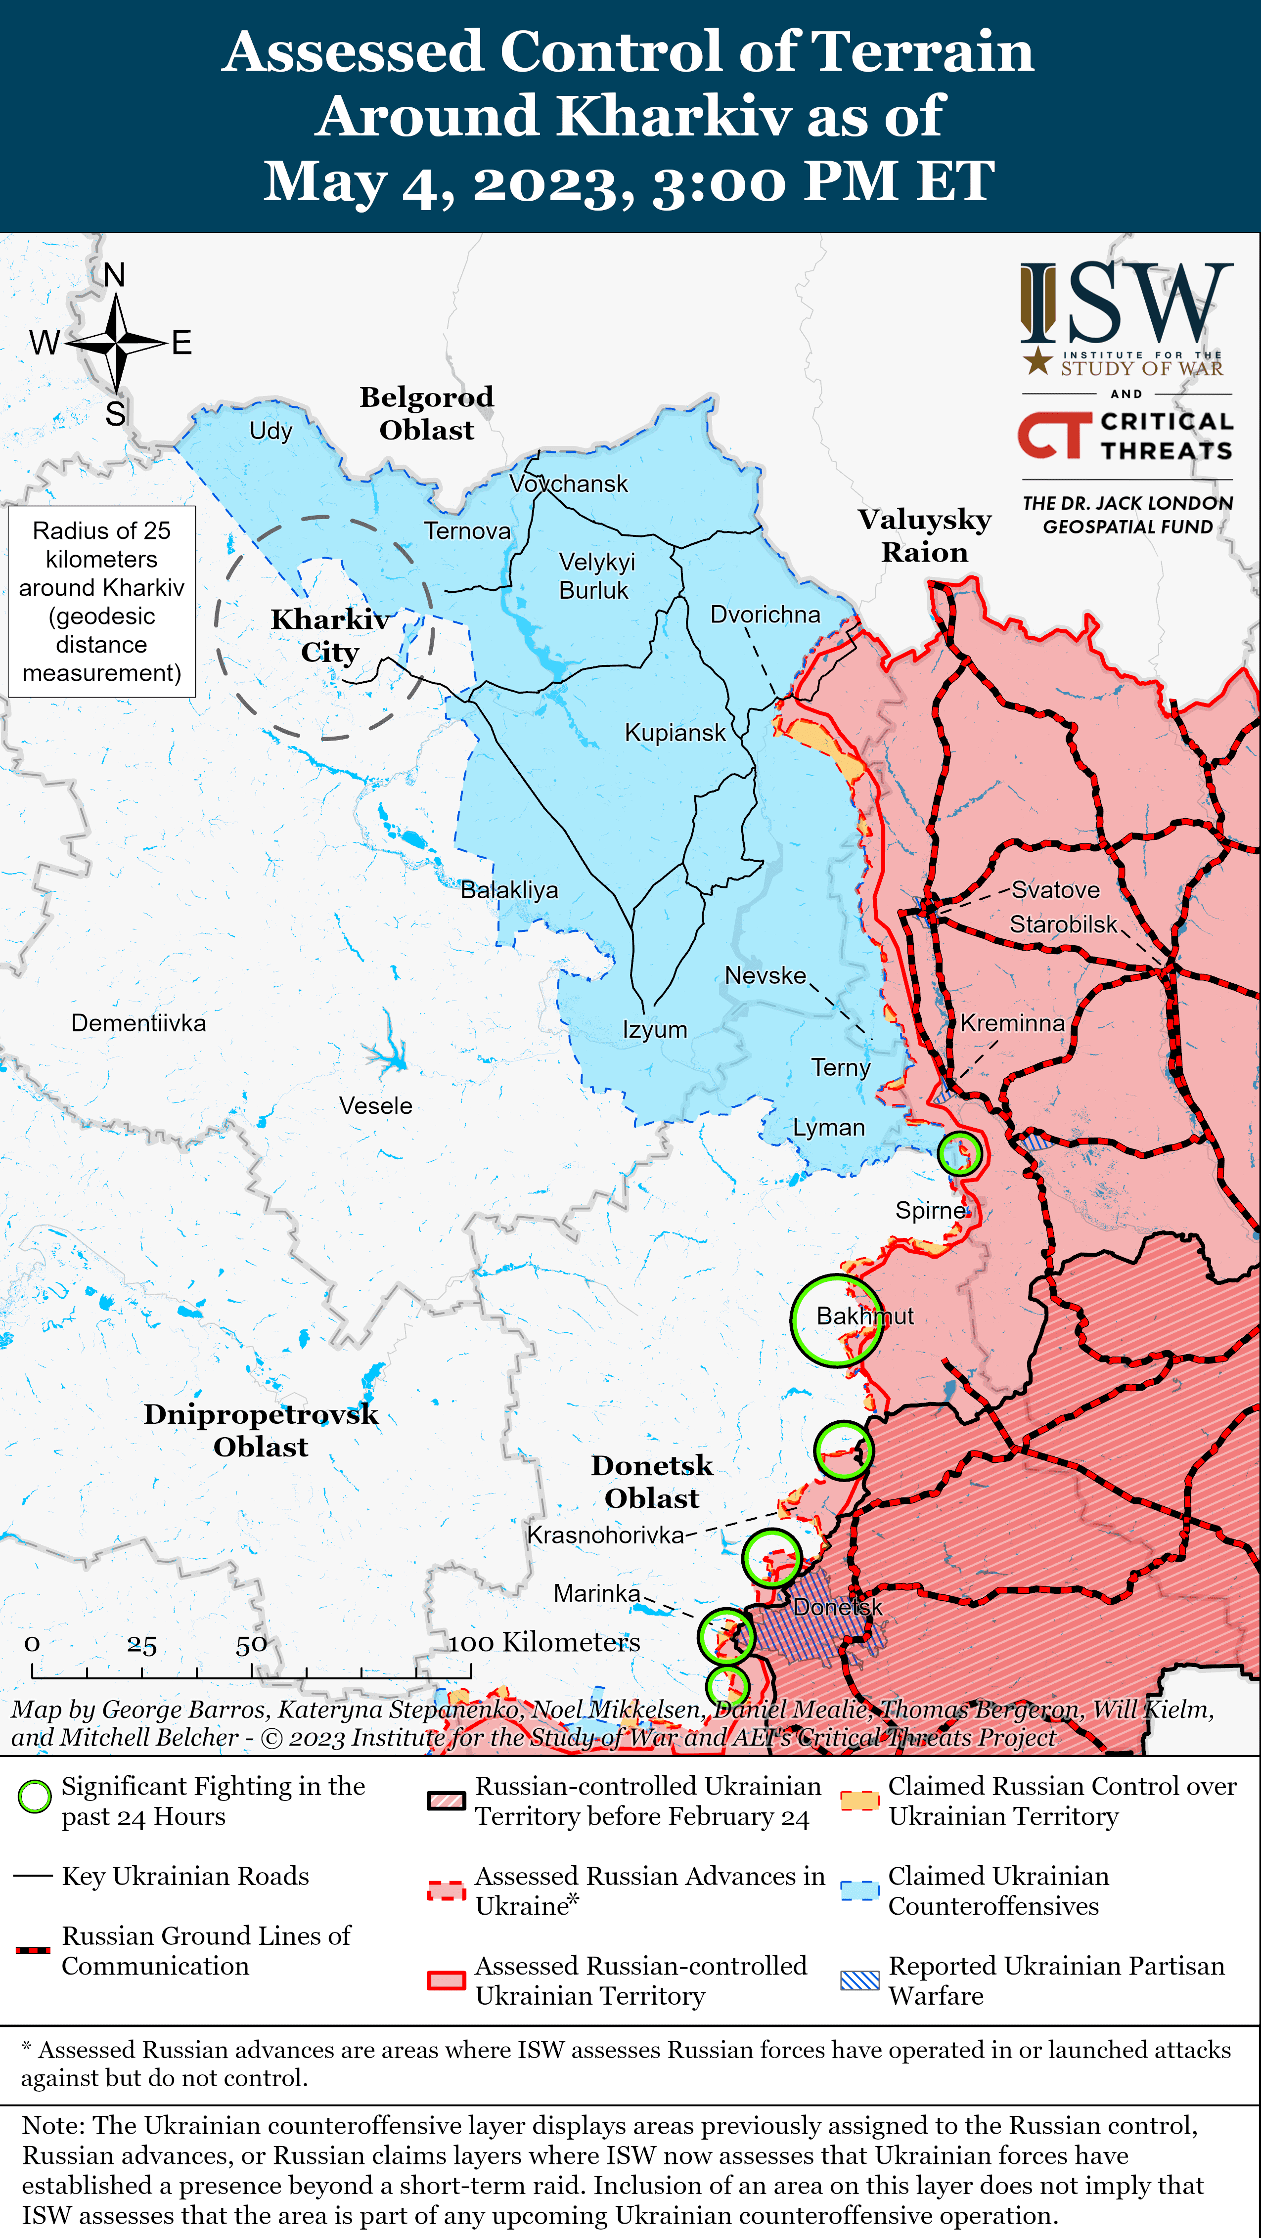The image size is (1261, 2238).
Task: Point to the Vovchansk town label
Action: point(568,484)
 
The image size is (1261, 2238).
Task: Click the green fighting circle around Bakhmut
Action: point(836,1319)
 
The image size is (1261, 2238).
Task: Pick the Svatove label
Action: point(1055,890)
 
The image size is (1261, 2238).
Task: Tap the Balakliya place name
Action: point(509,890)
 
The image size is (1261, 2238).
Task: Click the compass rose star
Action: point(116,342)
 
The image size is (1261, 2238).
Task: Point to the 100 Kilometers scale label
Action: point(544,1642)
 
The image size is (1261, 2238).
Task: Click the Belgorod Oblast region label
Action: point(427,414)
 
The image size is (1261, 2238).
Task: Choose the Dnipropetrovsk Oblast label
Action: point(261,1430)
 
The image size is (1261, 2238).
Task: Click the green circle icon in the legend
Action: point(35,1797)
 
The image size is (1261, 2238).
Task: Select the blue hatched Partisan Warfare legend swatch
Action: point(859,1980)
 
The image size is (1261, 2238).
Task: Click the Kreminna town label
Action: point(1012,1023)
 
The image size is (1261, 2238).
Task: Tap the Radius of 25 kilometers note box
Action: point(102,601)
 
